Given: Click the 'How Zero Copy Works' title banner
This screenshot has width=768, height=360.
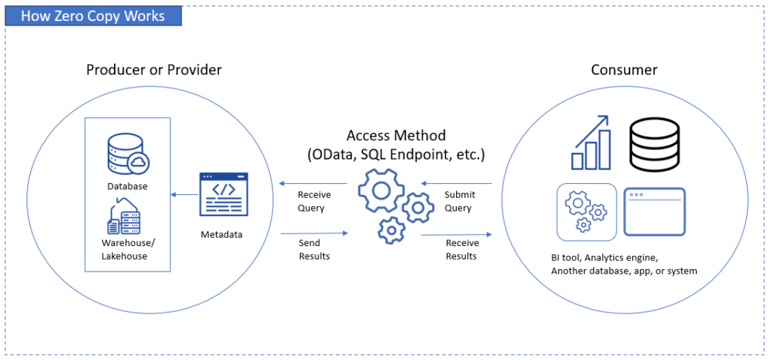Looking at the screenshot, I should click(93, 15).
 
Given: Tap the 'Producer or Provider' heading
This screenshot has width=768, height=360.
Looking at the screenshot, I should click(154, 70).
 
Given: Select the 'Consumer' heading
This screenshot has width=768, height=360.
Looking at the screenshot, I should click(624, 70).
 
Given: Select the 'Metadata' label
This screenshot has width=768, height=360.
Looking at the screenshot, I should click(221, 235).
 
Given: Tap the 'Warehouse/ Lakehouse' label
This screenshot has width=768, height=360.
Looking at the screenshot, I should click(124, 249).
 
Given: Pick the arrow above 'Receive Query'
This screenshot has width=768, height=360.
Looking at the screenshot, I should click(313, 183).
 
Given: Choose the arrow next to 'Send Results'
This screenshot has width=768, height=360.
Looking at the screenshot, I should click(314, 234).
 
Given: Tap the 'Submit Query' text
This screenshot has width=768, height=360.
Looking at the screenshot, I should click(458, 201).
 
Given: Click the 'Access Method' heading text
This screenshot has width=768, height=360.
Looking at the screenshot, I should click(396, 136).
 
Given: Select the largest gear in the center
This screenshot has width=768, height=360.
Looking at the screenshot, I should click(381, 189).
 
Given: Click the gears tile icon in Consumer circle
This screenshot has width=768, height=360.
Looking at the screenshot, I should click(586, 211).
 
